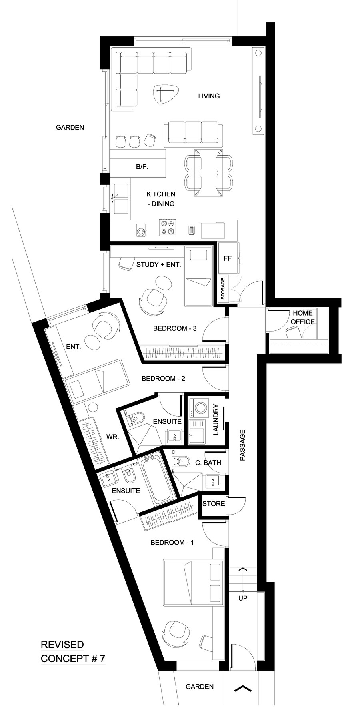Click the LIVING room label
209,96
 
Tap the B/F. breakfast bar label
142,167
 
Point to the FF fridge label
228,258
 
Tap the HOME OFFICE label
302,317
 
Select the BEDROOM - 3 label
175,328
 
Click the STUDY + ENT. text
159,264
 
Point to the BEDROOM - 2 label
163,378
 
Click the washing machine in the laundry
198,408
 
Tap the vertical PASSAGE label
242,445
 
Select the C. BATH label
208,463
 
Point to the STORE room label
213,503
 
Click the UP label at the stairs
243,598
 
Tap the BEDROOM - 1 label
172,543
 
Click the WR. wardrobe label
113,437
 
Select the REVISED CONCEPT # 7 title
73,651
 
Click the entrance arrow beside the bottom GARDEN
242,688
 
